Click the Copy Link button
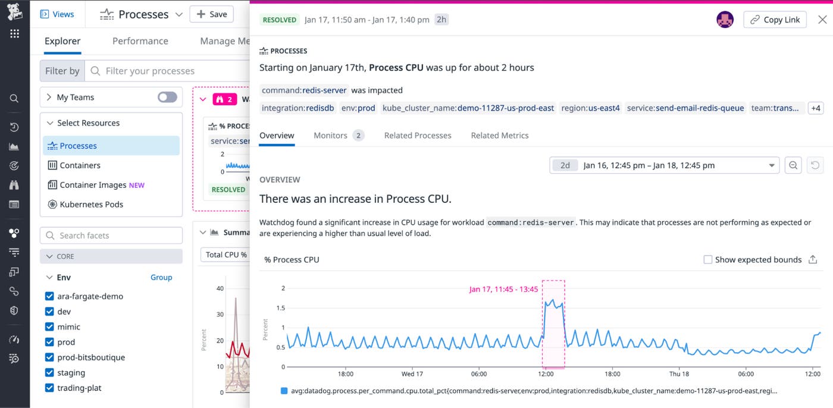pos(775,20)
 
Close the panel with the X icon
pos(822,20)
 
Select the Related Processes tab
pos(418,136)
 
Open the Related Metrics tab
pos(500,136)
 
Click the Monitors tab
pos(331,136)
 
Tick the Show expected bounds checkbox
pos(708,260)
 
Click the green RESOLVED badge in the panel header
pos(280,20)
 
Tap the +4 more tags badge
pos(815,108)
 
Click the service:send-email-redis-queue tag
pos(685,108)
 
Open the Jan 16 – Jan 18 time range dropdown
pos(664,165)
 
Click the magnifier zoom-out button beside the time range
pos(793,165)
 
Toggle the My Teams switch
pos(167,98)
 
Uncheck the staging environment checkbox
pos(50,373)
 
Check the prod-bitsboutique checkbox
pos(50,357)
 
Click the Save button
pos(211,14)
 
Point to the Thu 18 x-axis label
pos(679,374)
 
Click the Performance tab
pos(140,41)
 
